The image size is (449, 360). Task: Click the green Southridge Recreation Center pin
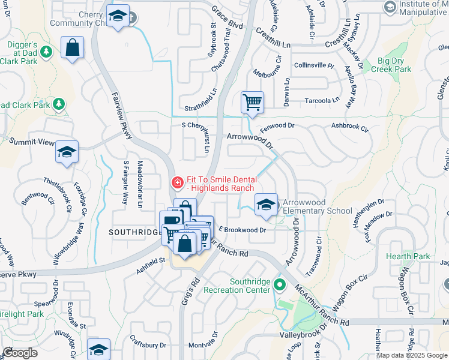click(279, 284)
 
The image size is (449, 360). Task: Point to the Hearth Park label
click(413, 256)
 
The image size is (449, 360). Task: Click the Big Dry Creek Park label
click(394, 65)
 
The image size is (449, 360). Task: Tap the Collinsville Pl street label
click(313, 65)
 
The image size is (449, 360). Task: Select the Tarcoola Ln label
click(321, 100)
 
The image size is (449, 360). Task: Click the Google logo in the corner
click(20, 353)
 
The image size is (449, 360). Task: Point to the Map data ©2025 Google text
click(412, 355)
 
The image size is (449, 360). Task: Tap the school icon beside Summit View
click(67, 152)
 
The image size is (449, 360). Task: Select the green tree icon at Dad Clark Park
click(59, 105)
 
